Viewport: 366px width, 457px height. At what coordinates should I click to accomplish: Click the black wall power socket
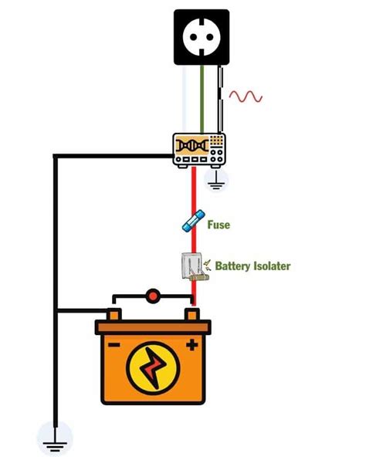pos(202,37)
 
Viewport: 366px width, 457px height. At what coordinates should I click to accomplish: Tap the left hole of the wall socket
pos(193,37)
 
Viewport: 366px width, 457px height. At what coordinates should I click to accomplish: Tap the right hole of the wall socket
pos(210,37)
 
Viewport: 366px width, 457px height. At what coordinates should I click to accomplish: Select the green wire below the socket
pos(202,99)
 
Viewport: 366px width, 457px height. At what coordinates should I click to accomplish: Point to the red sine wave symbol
pos(246,96)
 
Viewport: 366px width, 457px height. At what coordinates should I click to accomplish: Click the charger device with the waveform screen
pos(199,151)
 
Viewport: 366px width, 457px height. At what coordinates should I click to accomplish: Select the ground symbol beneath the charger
pos(215,180)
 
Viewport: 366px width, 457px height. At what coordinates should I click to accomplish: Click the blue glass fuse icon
pos(193,221)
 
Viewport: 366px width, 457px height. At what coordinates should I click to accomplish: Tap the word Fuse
pos(219,225)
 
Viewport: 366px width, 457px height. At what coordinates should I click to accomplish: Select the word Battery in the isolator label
pos(232,266)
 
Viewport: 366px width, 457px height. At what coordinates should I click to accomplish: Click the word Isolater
pos(272,266)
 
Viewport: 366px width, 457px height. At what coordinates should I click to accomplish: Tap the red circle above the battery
pos(153,296)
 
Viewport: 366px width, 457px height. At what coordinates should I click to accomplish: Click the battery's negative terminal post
pos(114,314)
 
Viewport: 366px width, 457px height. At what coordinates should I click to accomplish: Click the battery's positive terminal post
pos(192,314)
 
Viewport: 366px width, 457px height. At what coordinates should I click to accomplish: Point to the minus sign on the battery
pos(114,345)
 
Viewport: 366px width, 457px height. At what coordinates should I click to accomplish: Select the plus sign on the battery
pos(192,345)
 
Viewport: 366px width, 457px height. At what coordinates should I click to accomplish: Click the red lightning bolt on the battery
pos(153,367)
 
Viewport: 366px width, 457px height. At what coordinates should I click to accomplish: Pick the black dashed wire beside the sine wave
pos(221,99)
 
